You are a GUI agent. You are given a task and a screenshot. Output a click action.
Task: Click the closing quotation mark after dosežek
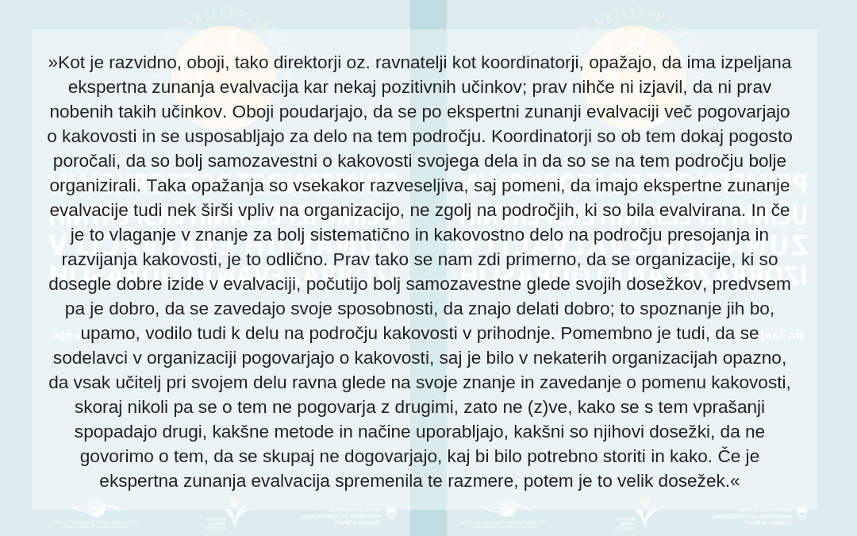point(735,481)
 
